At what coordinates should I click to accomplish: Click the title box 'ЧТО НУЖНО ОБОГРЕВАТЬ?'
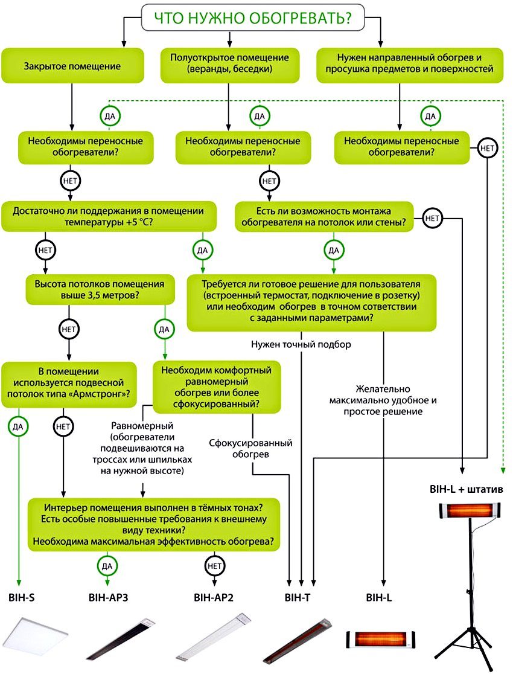point(253,18)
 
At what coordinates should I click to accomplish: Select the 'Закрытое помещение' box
point(72,65)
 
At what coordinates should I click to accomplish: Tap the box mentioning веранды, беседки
point(229,64)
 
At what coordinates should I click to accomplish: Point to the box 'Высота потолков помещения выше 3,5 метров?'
point(100,289)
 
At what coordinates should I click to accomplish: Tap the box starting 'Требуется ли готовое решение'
point(311,304)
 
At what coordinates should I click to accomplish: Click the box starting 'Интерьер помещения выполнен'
point(154,524)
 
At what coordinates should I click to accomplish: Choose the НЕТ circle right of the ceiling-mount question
point(432,219)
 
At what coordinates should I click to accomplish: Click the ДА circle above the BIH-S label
point(18,426)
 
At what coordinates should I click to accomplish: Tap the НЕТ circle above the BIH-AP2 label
point(214,565)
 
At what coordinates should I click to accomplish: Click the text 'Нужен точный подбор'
point(300,345)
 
